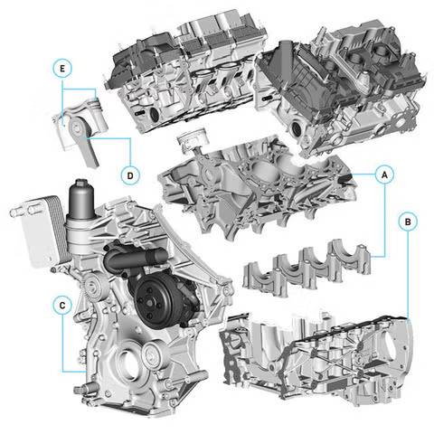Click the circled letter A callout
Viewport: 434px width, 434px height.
tap(384, 175)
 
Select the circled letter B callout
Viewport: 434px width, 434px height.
tap(408, 222)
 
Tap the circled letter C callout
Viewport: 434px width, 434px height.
tap(62, 305)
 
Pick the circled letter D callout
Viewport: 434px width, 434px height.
tap(130, 175)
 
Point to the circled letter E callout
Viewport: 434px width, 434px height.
tap(62, 69)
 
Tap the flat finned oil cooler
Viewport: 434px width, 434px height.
tap(39, 231)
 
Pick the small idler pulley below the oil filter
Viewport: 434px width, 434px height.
tap(92, 286)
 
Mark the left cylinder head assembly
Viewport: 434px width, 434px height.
tap(185, 72)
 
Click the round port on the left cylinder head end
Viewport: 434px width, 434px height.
tap(155, 115)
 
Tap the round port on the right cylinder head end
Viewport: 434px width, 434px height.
tap(296, 128)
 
